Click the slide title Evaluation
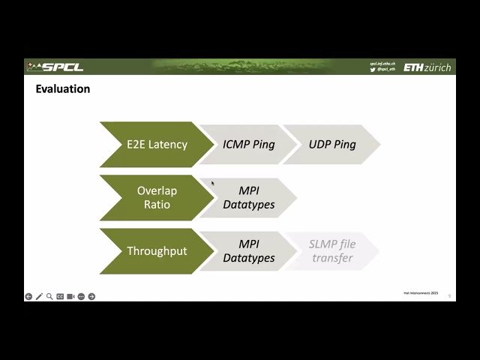click(x=63, y=89)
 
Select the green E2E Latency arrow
click(x=155, y=144)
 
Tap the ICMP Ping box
click(x=248, y=144)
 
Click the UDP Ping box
click(x=331, y=144)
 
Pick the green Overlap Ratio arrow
click(x=155, y=197)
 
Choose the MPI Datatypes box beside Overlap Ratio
click(x=248, y=197)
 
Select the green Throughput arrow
click(x=155, y=251)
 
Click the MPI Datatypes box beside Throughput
click(x=248, y=251)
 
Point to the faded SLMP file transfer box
click(x=331, y=251)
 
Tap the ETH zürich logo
click(x=427, y=67)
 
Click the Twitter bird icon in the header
click(x=373, y=70)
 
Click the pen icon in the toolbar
click(x=39, y=296)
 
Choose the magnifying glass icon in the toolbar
click(x=49, y=296)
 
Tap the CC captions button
click(x=60, y=296)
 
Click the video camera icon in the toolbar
click(x=70, y=296)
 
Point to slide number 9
click(x=449, y=296)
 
